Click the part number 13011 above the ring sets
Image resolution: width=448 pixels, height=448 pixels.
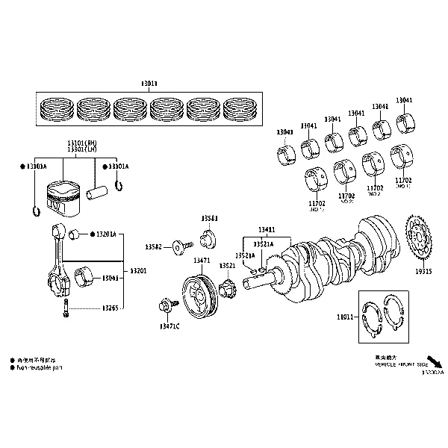[x=149, y=84]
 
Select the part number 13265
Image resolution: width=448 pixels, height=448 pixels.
[x=110, y=308]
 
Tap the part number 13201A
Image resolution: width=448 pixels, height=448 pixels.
[x=105, y=234]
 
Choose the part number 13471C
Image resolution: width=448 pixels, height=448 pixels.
[x=169, y=326]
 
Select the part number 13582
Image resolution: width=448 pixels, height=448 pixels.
[x=154, y=246]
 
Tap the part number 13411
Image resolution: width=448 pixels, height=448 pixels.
[x=267, y=230]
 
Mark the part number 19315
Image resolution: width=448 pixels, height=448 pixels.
[x=423, y=273]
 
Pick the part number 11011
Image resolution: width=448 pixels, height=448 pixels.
[x=345, y=317]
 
